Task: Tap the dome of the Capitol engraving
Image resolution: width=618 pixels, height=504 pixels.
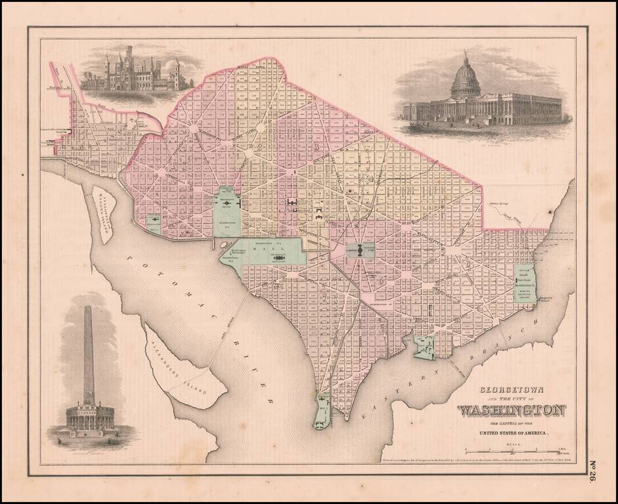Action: (x=466, y=77)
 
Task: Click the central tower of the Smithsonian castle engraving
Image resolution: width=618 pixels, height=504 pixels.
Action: (x=129, y=66)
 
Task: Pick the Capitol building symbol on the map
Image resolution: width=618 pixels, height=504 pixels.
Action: (x=360, y=250)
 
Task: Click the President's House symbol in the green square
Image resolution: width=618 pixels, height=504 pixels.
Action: (x=227, y=204)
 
